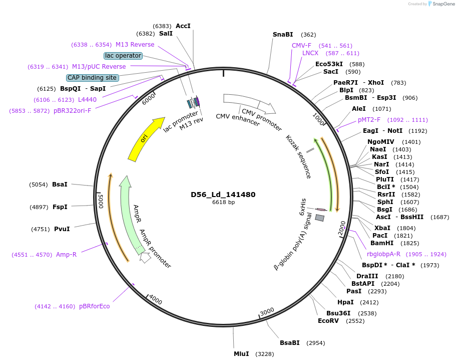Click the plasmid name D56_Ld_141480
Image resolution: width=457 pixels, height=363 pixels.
pyautogui.click(x=223, y=195)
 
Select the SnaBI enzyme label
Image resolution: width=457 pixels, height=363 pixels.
pyautogui.click(x=283, y=35)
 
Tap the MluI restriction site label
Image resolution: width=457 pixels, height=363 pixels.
pyautogui.click(x=241, y=354)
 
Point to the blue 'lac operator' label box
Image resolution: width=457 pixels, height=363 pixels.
pyautogui.click(x=123, y=56)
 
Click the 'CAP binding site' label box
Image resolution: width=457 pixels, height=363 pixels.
pyautogui.click(x=93, y=78)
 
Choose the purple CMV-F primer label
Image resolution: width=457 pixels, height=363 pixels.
pyautogui.click(x=301, y=46)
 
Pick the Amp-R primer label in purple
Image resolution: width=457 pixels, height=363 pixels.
pyautogui.click(x=66, y=254)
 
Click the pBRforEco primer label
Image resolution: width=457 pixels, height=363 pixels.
pyautogui.click(x=94, y=306)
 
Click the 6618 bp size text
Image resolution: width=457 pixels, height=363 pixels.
pyautogui.click(x=223, y=203)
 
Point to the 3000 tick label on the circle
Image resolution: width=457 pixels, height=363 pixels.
pyautogui.click(x=267, y=311)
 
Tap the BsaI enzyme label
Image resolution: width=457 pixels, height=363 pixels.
pyautogui.click(x=60, y=185)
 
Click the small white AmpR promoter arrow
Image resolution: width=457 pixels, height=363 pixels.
pyautogui.click(x=145, y=258)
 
